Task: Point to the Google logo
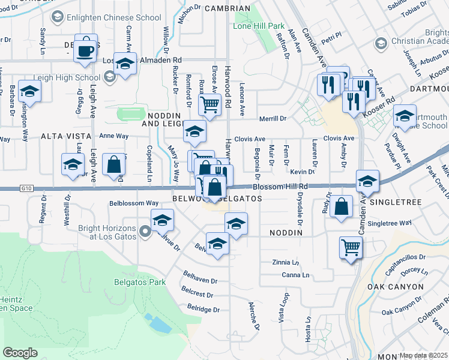pyautogui.click(x=20, y=352)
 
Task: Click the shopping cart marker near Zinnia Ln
pyautogui.click(x=351, y=246)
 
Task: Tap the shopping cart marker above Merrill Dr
pyautogui.click(x=210, y=104)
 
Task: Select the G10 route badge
pyautogui.click(x=7, y=189)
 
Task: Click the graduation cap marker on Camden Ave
pyautogui.click(x=367, y=181)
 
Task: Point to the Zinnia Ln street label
pyautogui.click(x=285, y=263)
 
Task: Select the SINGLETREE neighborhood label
pyautogui.click(x=399, y=203)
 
